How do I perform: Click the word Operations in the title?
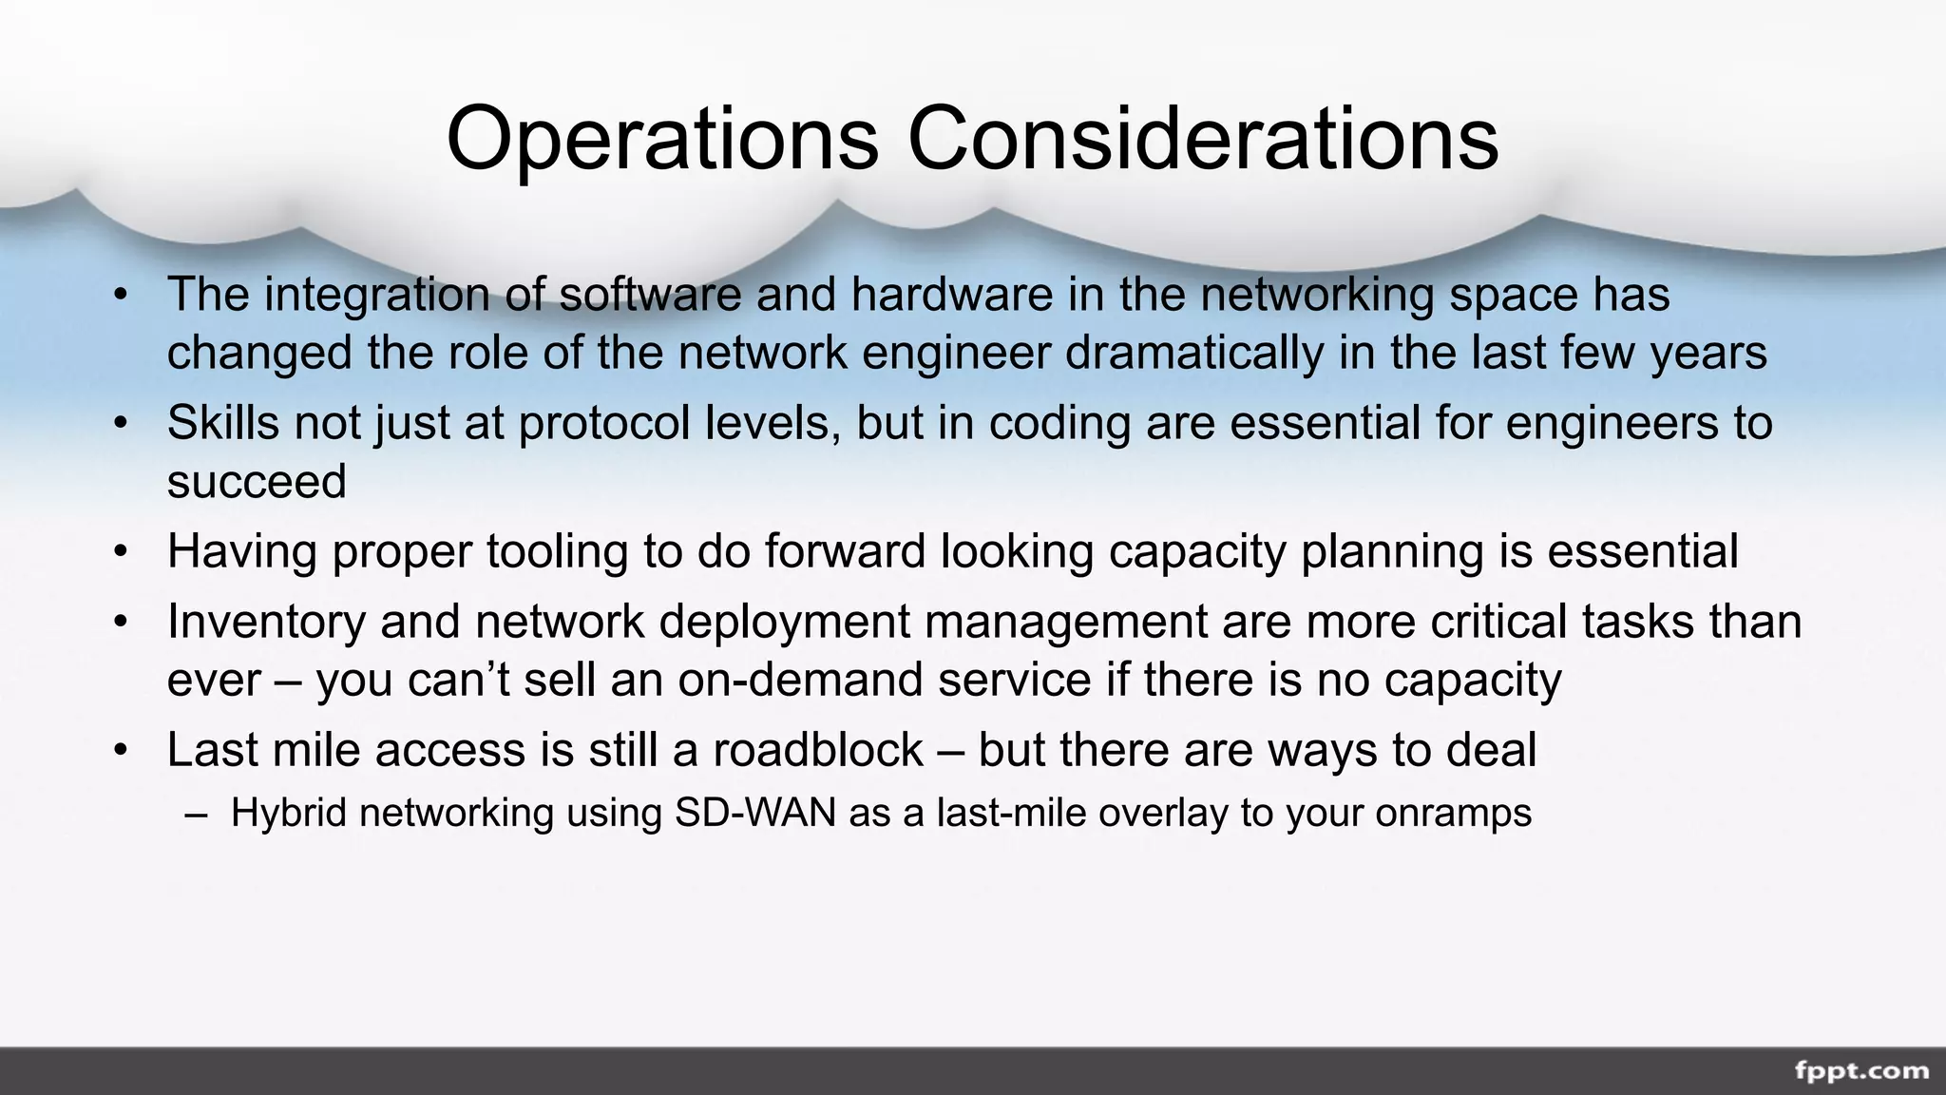662,139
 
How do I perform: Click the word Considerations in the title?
1203,139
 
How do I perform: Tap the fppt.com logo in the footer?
1861,1071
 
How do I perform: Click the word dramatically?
1193,353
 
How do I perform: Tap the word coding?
1059,422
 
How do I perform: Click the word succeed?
257,481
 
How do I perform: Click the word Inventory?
266,622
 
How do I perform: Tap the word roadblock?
818,750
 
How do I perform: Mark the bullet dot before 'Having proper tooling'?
120,552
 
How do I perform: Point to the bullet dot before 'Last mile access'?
120,751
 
